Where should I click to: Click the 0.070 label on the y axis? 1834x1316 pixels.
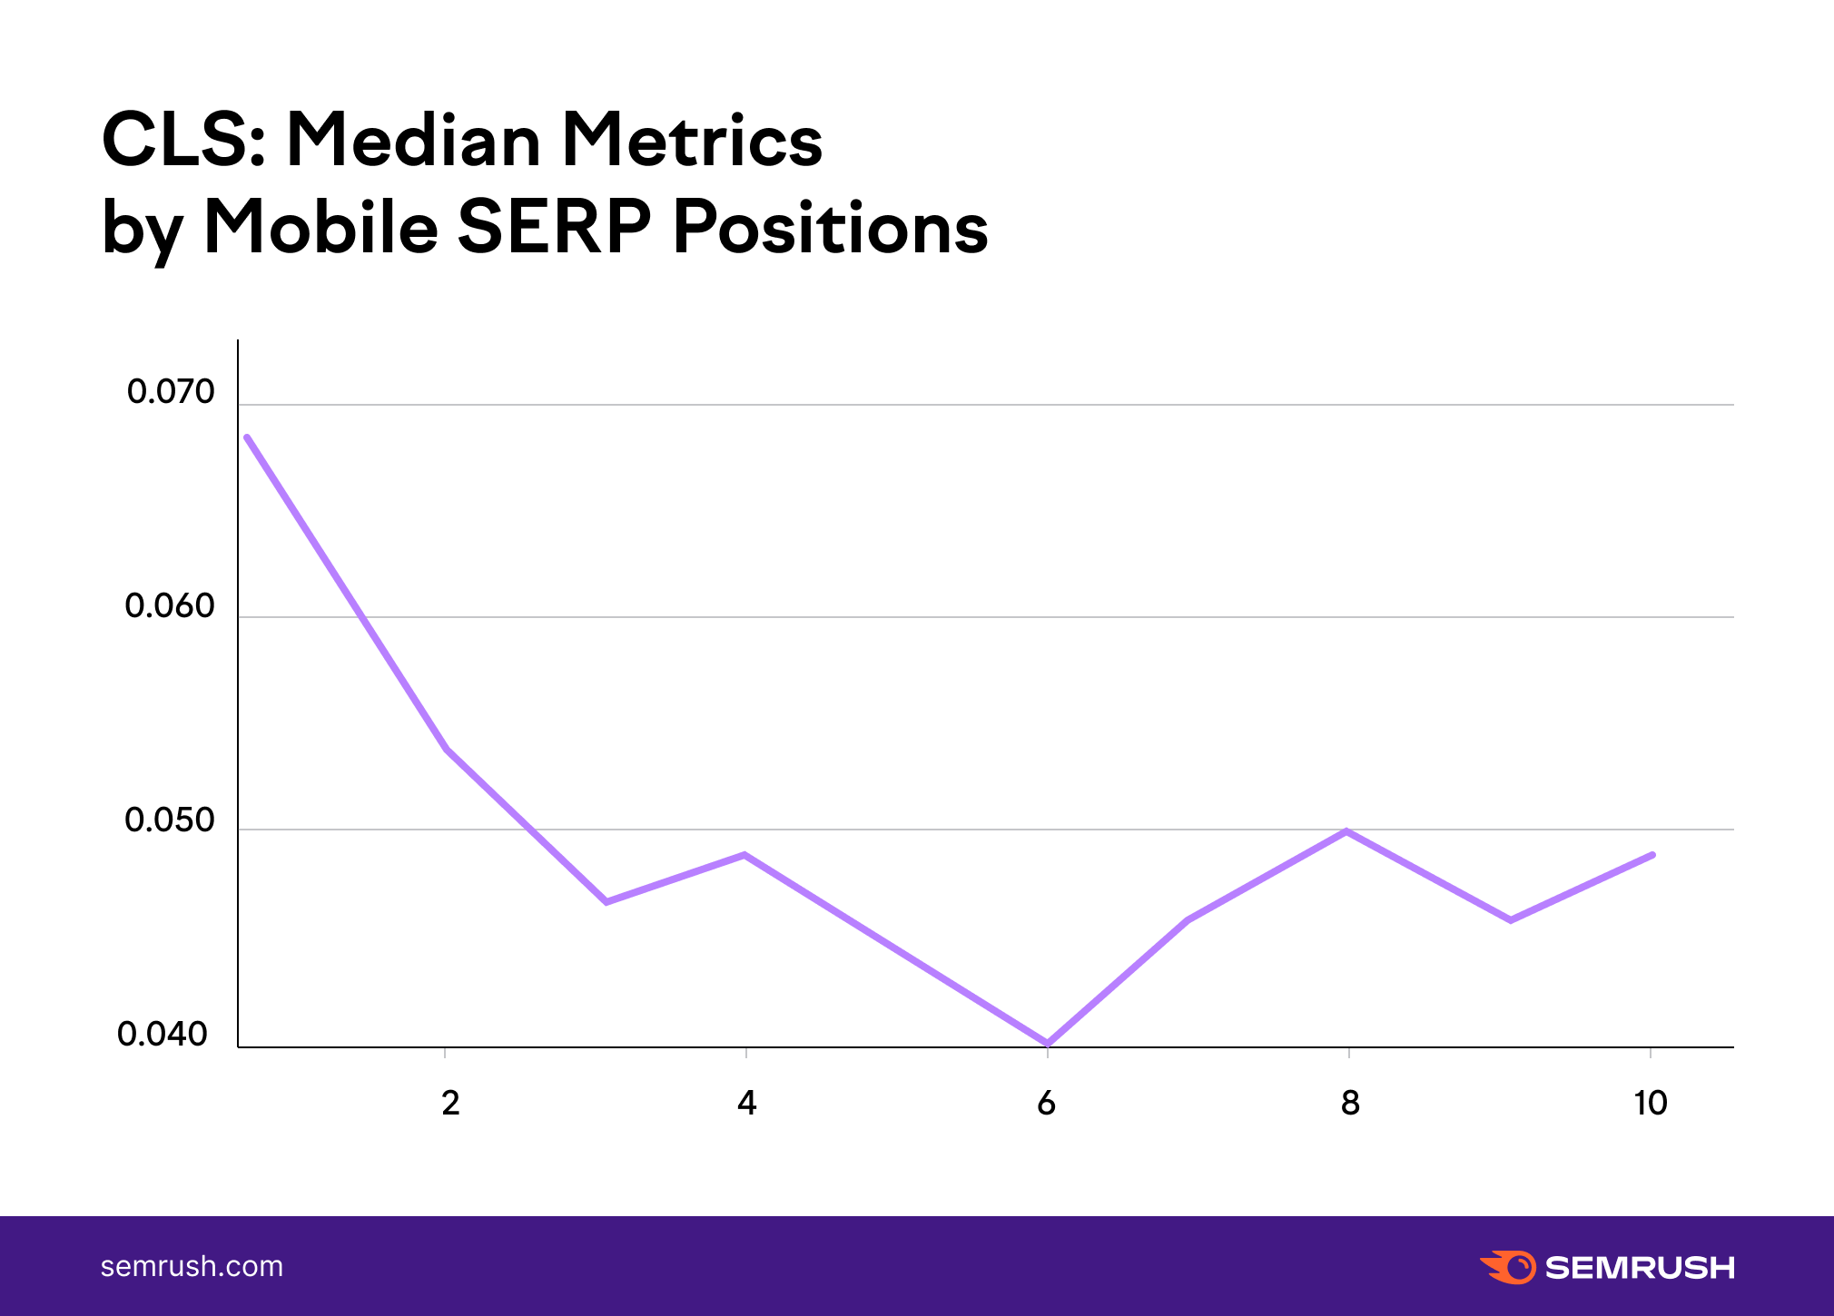(x=171, y=392)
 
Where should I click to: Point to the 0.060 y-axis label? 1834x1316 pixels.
(x=170, y=606)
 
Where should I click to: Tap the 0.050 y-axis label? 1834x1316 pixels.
(x=170, y=820)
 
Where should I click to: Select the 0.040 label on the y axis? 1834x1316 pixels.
(x=163, y=1035)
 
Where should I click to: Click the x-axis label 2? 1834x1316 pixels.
(x=450, y=1104)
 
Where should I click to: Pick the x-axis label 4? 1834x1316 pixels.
(x=746, y=1104)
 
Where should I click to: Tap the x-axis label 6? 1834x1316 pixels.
(x=1046, y=1104)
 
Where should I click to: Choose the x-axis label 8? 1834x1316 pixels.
(x=1350, y=1104)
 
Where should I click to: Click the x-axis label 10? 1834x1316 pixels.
(x=1650, y=1104)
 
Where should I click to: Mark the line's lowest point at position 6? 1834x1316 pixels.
(x=1048, y=1044)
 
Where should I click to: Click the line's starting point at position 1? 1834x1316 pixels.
(x=247, y=437)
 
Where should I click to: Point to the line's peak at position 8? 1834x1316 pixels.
(x=1347, y=831)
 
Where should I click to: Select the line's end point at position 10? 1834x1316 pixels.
(x=1652, y=855)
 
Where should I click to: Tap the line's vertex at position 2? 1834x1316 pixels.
(x=447, y=750)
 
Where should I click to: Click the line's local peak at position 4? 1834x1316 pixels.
(x=744, y=855)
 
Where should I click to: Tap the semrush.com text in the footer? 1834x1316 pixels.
(x=192, y=1266)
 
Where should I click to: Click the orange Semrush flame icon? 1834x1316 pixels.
(x=1508, y=1267)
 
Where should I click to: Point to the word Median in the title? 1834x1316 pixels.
(x=414, y=142)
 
